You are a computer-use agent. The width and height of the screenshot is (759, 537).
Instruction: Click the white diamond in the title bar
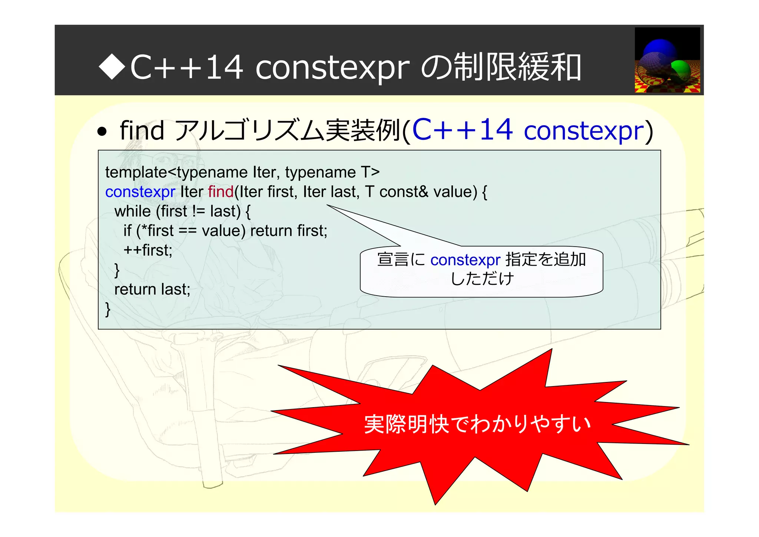click(112, 67)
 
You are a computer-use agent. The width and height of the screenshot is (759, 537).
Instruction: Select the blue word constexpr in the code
click(140, 192)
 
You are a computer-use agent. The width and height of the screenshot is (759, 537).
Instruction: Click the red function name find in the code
click(221, 192)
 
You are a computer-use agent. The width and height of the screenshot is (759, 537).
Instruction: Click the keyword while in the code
click(132, 211)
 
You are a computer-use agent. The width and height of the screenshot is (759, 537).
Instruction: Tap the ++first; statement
click(148, 250)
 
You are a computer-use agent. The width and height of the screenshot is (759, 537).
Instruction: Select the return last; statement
click(152, 289)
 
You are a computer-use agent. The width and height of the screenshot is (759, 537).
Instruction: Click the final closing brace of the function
click(108, 309)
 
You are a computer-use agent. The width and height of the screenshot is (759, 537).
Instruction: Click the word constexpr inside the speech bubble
click(465, 260)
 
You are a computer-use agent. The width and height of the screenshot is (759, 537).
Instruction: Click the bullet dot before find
click(102, 132)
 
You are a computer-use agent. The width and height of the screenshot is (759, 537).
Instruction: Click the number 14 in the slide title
click(224, 67)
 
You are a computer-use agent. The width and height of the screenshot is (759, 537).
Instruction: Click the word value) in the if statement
click(223, 231)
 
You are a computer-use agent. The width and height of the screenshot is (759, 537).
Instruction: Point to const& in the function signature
click(404, 192)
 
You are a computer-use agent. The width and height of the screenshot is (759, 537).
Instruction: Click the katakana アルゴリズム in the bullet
click(248, 131)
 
